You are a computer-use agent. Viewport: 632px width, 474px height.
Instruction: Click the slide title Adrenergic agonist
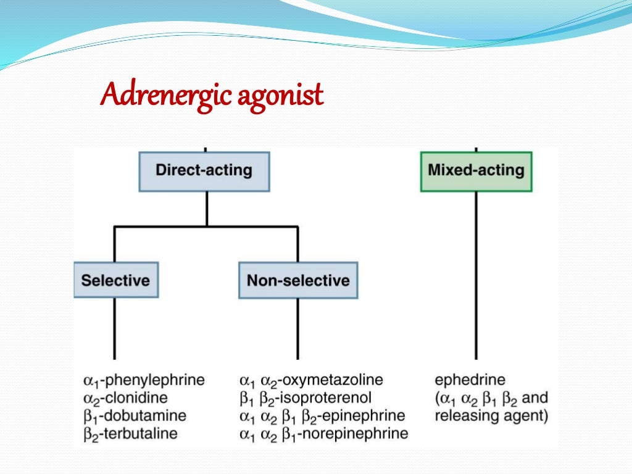pos(212,96)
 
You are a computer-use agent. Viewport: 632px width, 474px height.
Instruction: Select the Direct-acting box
pos(204,170)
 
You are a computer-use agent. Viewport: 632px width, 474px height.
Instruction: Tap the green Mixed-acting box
pos(476,170)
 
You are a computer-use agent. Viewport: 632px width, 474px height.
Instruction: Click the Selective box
pos(115,280)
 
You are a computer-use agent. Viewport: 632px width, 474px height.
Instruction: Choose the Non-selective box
pos(298,280)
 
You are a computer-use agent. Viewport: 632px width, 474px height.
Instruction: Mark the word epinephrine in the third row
pos(368,415)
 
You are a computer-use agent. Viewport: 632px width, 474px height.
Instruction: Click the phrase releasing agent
pos(491,415)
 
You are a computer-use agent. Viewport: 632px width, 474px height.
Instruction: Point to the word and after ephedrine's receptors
pos(534,397)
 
